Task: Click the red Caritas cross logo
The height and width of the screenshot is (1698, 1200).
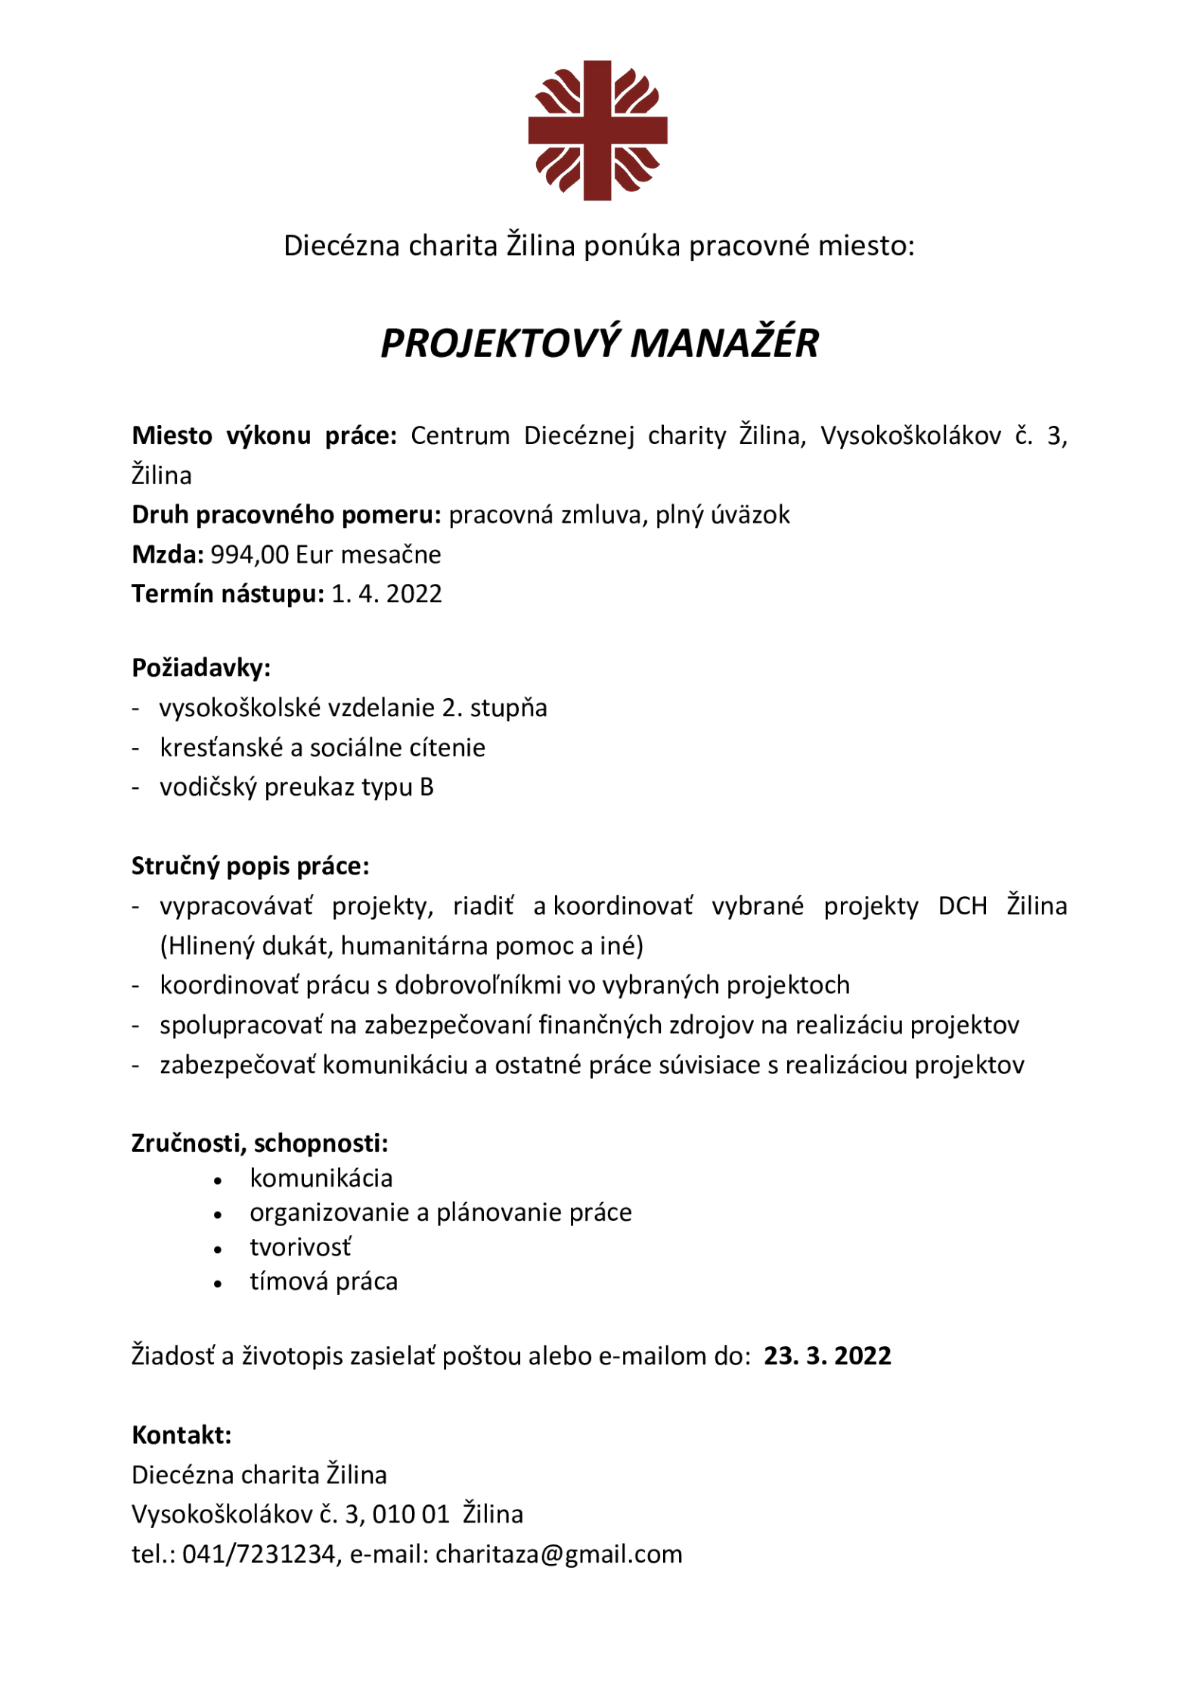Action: pyautogui.click(x=597, y=130)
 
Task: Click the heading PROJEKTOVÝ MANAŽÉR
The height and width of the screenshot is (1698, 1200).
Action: pyautogui.click(x=599, y=343)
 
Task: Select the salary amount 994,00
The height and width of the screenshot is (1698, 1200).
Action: pyautogui.click(x=250, y=554)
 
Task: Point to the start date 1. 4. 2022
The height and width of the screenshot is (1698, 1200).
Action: pyautogui.click(x=386, y=594)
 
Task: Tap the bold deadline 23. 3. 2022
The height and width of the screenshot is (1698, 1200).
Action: pyautogui.click(x=827, y=1355)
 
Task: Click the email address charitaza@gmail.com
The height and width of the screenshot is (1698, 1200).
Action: pyautogui.click(x=559, y=1554)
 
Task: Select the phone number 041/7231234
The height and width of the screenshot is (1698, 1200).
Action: pyautogui.click(x=259, y=1554)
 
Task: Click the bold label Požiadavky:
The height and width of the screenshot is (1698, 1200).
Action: pyautogui.click(x=200, y=667)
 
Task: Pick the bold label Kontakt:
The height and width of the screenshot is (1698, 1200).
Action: pyautogui.click(x=181, y=1435)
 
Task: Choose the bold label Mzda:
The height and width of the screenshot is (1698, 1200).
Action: pyautogui.click(x=167, y=554)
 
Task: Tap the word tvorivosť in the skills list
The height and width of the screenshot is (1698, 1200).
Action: pyautogui.click(x=301, y=1247)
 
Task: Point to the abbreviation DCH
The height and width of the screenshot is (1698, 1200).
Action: pyautogui.click(x=963, y=905)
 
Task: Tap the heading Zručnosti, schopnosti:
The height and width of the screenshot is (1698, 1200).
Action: pyautogui.click(x=259, y=1143)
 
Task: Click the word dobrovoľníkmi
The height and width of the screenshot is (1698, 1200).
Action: pyautogui.click(x=516, y=985)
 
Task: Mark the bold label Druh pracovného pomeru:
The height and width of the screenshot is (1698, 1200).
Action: pyautogui.click(x=286, y=514)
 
